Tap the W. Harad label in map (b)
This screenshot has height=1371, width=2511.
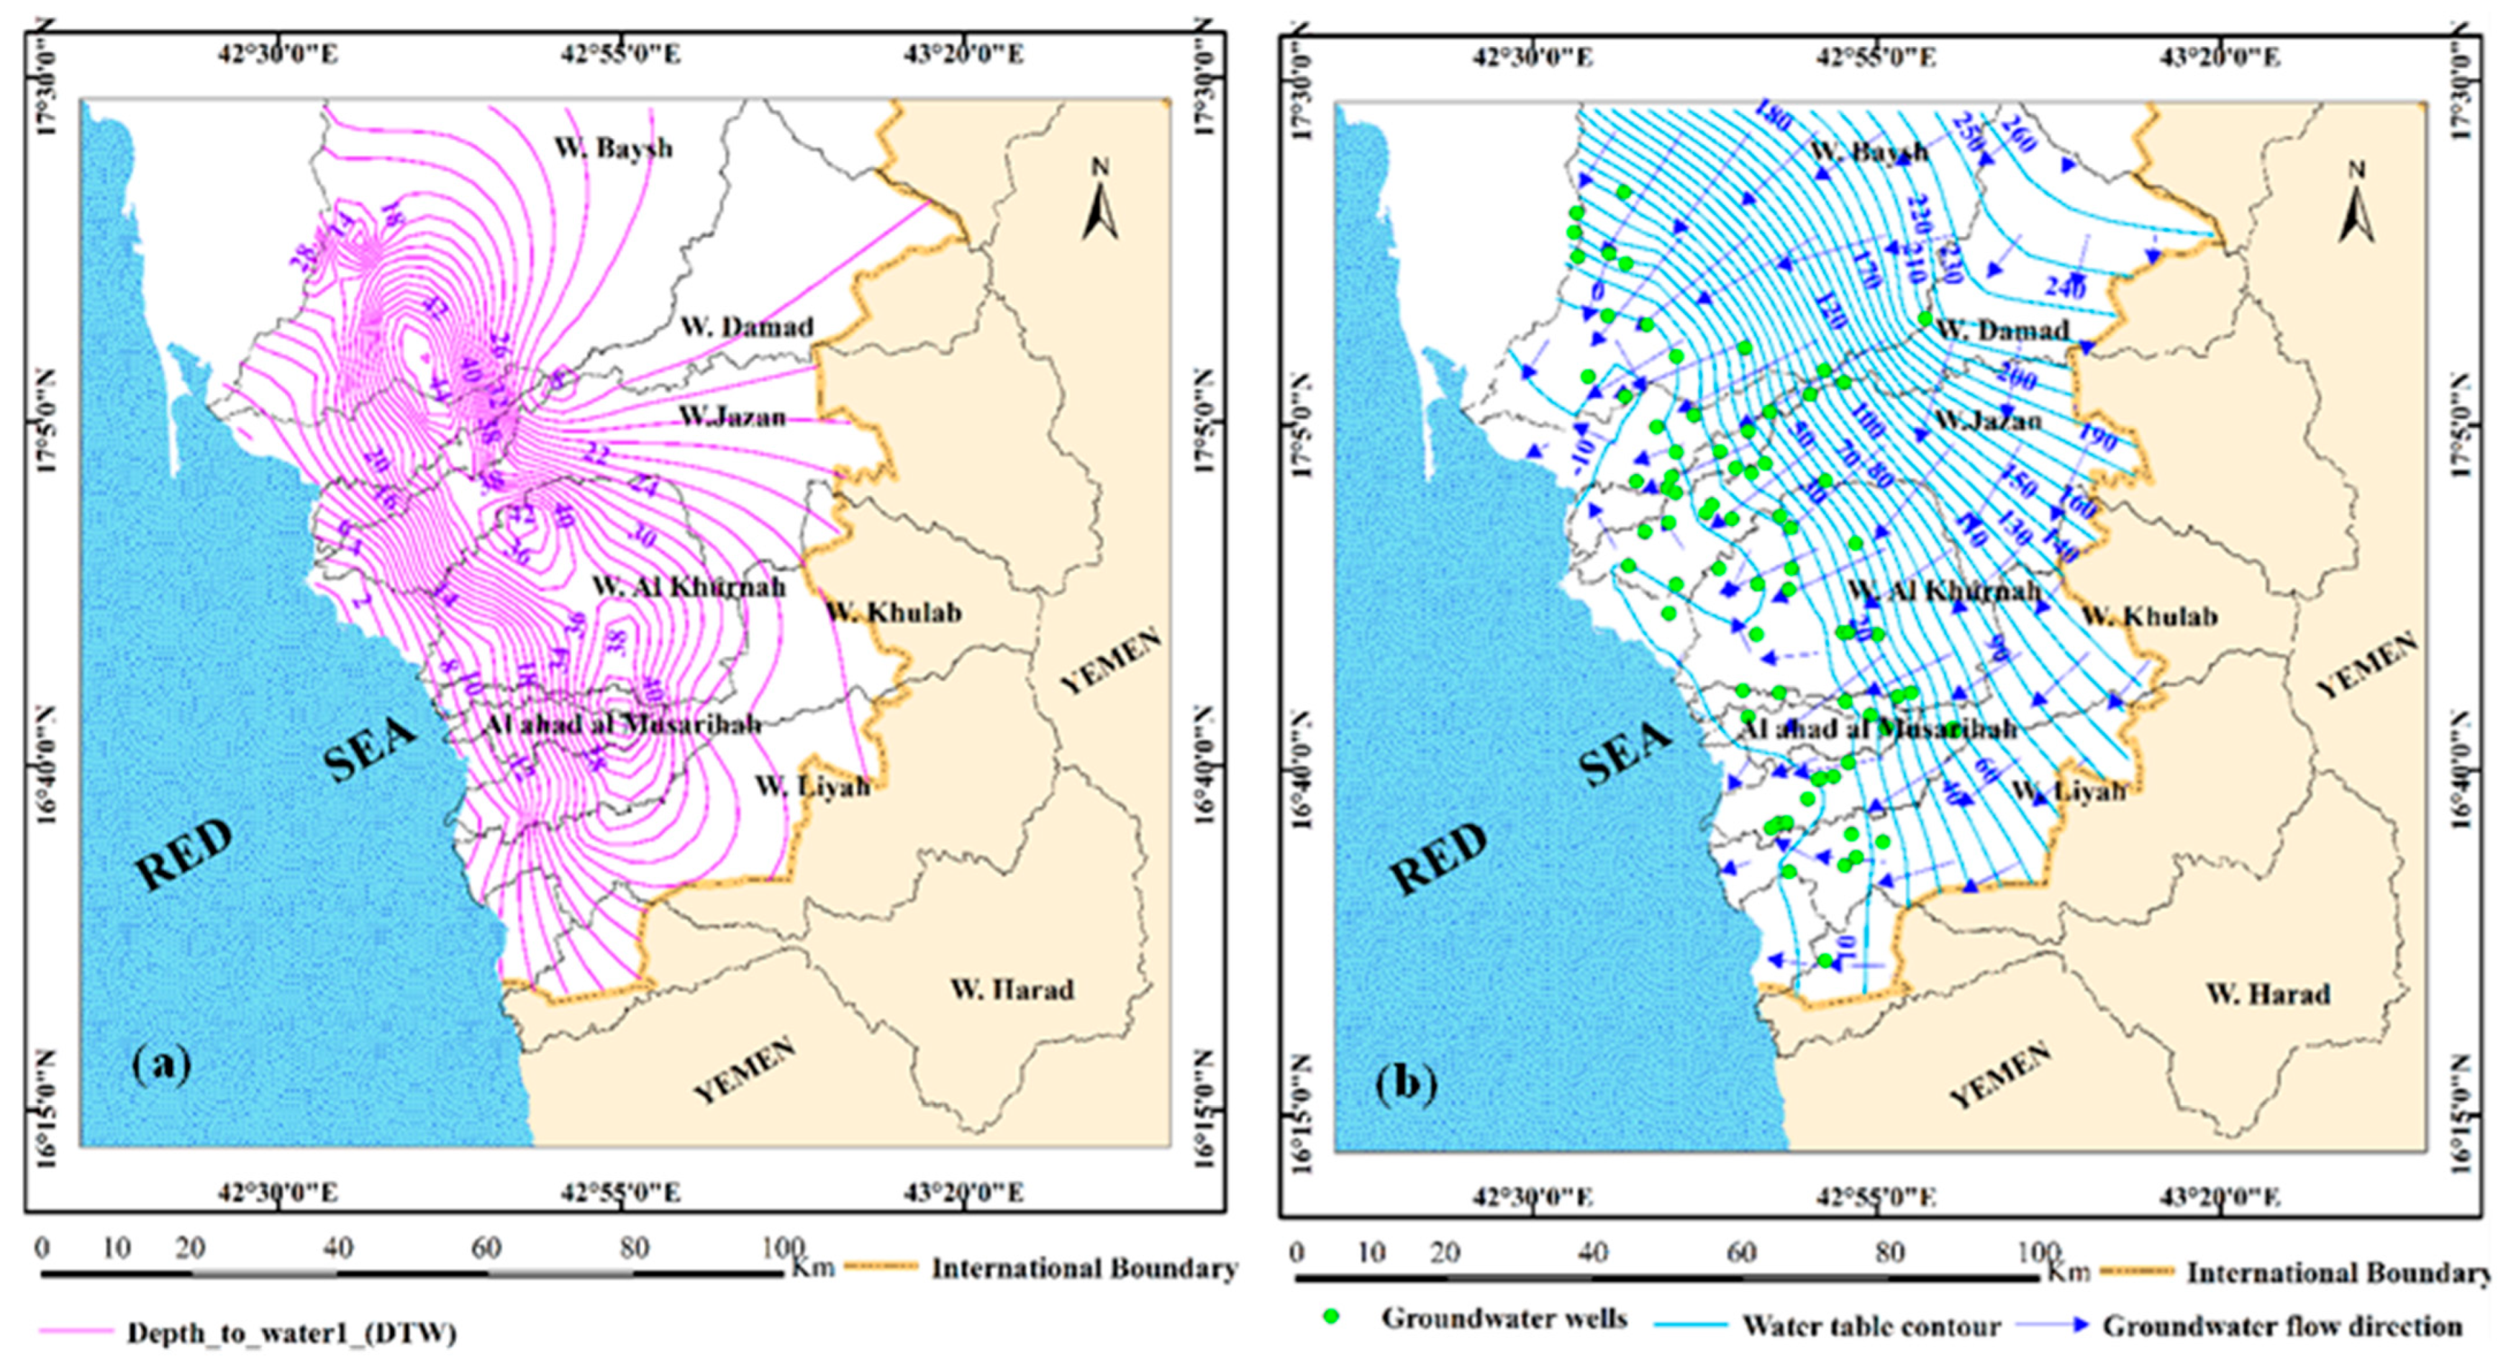click(2267, 994)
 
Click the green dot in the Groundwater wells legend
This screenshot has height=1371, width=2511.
click(1332, 1316)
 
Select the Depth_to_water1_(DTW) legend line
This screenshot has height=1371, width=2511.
click(76, 1330)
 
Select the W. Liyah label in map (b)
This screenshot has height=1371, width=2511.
click(2069, 791)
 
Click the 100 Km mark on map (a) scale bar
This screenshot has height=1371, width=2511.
click(783, 1248)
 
